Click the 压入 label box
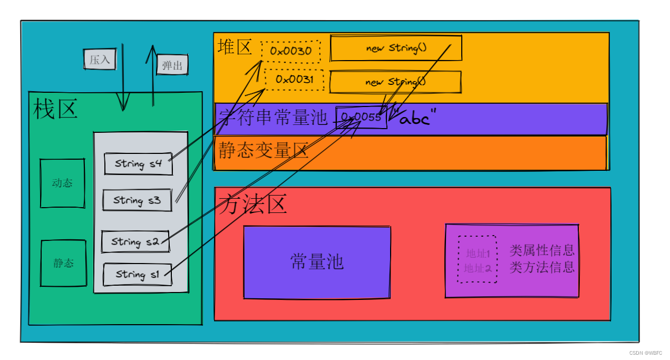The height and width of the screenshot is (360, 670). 100,59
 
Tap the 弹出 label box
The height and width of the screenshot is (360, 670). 172,65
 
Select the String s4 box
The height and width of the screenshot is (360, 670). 139,163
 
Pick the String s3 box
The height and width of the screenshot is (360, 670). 137,200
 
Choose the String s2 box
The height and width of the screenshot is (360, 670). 135,242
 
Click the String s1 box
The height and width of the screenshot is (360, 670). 138,275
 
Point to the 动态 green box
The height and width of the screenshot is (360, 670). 62,183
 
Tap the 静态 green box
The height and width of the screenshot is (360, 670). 63,264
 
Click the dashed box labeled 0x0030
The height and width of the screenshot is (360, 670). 290,51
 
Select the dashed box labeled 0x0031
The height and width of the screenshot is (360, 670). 294,80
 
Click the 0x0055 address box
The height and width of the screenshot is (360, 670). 362,117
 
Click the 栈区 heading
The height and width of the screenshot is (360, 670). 55,110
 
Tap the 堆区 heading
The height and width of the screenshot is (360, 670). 235,47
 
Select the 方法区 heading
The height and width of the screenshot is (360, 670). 254,204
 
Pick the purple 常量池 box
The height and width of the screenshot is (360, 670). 317,262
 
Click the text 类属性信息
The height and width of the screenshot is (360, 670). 542,250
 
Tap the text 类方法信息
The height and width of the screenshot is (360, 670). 542,267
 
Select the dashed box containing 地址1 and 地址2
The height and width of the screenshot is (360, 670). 477,259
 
